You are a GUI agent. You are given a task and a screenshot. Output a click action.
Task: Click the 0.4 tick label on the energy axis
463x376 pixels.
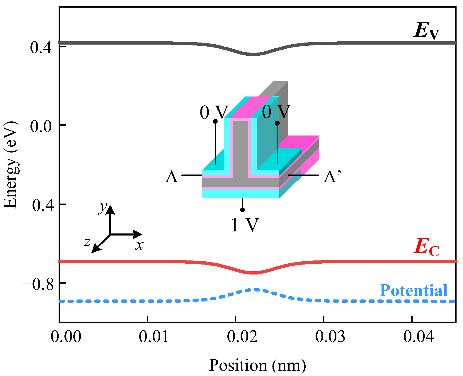[x=41, y=48]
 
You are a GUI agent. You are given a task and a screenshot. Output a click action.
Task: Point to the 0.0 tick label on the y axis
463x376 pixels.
[x=41, y=126]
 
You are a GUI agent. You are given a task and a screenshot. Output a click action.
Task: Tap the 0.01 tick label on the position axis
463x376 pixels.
[x=154, y=337]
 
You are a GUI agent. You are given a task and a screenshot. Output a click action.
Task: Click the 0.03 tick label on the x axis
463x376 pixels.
[x=330, y=337]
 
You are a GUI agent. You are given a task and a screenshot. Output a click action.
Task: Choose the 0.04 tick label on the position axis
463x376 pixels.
[x=418, y=337]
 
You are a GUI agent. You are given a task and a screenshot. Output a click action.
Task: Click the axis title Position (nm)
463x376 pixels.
[x=257, y=365]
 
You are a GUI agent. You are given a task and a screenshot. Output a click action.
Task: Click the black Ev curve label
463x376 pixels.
[x=426, y=31]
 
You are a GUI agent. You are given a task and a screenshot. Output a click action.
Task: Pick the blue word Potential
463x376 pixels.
[x=413, y=291]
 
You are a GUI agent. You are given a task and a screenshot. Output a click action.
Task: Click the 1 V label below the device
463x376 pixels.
[x=245, y=225]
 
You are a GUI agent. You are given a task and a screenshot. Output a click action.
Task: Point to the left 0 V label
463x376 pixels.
[x=214, y=112]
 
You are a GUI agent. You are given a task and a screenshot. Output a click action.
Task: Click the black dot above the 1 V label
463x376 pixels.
[x=242, y=210]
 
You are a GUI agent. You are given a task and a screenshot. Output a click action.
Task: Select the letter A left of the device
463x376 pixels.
[x=172, y=177]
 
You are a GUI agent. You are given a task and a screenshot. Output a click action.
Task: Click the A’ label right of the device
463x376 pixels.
[x=332, y=177]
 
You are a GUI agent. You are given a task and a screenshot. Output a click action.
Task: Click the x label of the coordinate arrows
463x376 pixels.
[x=139, y=245]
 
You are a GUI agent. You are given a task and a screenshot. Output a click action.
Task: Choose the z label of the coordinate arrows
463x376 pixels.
[x=87, y=242]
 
